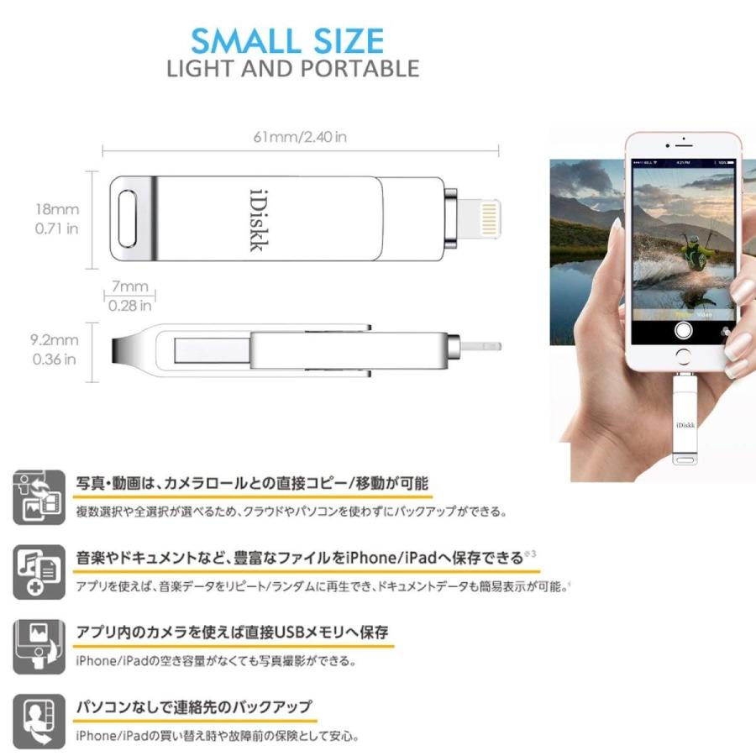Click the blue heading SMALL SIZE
tap(287, 41)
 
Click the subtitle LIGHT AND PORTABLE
tap(292, 69)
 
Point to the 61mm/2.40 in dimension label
tap(299, 137)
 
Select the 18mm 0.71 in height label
tap(57, 218)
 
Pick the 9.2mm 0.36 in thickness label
tap(55, 349)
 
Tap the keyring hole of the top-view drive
tap(130, 218)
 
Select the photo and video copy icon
tap(39, 496)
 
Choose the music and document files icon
tap(39, 572)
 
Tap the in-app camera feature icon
tap(39, 646)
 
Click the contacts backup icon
tap(39, 721)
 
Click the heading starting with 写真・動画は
tap(252, 483)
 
